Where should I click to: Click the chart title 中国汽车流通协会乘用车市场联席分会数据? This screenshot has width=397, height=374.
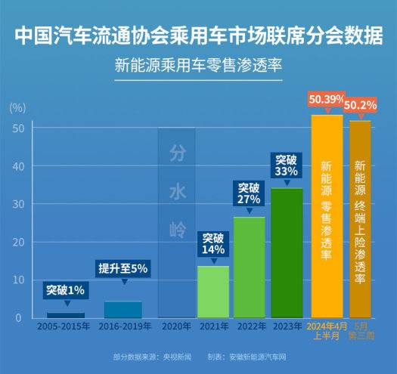point(198,36)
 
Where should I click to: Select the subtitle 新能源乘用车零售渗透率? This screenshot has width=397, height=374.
point(198,66)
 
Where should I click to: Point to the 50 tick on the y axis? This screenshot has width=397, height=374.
point(17,128)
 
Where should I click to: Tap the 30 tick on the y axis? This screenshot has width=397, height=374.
point(17,204)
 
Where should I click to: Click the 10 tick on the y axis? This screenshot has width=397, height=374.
point(17,280)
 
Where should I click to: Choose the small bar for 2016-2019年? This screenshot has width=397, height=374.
point(123,309)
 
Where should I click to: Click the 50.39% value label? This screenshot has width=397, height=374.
point(327,100)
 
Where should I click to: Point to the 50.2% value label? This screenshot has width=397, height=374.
point(361,105)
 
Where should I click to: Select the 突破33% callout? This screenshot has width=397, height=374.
point(286,166)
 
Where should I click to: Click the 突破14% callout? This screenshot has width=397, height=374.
point(213,243)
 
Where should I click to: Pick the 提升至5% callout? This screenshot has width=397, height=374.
point(123,268)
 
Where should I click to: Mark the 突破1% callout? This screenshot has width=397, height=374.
point(65,289)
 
